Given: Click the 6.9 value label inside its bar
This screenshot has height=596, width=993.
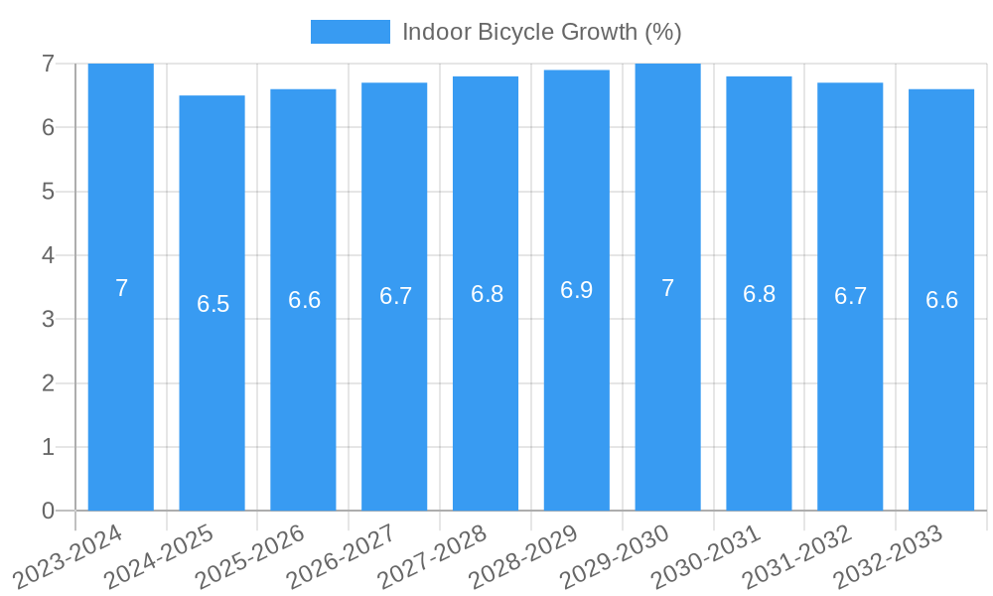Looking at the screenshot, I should click(x=577, y=290).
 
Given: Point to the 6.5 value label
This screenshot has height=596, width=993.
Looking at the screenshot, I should click(x=213, y=304).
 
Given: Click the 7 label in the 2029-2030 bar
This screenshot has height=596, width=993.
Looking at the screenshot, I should click(x=668, y=288).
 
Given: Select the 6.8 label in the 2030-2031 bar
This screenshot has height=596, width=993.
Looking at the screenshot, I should click(x=759, y=294).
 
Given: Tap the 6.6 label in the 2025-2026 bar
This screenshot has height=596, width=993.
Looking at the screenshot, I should click(x=304, y=300).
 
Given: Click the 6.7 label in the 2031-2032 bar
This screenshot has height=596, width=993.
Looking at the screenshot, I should click(x=850, y=296).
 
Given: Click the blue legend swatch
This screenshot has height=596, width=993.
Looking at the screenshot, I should click(x=350, y=32).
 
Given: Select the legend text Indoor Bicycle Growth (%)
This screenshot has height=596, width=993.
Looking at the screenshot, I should click(x=541, y=32).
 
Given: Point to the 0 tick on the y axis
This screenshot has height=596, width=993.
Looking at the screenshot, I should click(x=48, y=511).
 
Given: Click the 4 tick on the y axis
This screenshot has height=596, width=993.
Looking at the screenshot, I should click(x=48, y=255).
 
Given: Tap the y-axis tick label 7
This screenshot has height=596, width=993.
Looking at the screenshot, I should click(x=48, y=64).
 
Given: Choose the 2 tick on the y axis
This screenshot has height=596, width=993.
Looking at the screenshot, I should click(x=48, y=383).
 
